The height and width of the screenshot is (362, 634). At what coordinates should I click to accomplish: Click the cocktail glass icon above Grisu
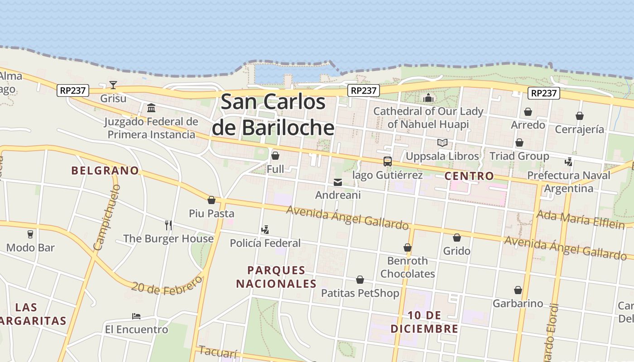[x=113, y=85]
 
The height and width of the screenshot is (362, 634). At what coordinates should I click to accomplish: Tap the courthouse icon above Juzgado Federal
[x=151, y=108]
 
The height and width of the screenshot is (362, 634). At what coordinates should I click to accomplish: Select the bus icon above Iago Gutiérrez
[x=387, y=161]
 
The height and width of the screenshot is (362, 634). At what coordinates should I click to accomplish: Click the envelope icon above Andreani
[x=338, y=182]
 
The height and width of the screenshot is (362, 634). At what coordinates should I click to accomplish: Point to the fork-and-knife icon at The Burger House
[x=168, y=225]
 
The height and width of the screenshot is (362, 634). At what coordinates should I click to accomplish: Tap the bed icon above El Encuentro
[x=136, y=316]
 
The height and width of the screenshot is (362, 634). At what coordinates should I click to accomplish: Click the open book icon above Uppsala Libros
[x=442, y=143]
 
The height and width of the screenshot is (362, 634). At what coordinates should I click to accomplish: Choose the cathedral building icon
[x=428, y=98]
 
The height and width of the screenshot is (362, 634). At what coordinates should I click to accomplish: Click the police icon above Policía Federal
[x=265, y=230]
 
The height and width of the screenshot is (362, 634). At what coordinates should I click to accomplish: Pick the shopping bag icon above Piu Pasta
[x=211, y=200]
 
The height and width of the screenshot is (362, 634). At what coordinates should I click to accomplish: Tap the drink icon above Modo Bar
[x=30, y=234]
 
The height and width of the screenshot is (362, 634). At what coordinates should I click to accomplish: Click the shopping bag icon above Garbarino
[x=518, y=290]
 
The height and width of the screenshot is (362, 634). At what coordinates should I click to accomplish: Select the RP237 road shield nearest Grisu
[x=72, y=90]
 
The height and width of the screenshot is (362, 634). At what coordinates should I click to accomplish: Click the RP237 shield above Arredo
[x=543, y=93]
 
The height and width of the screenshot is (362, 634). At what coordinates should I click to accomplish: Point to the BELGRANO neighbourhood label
[x=105, y=171]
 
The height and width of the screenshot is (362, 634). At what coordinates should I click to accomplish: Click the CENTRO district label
[x=469, y=176]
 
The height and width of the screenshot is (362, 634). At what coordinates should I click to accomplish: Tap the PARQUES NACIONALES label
[x=276, y=277]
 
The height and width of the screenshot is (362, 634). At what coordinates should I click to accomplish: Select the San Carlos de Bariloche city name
[x=274, y=114]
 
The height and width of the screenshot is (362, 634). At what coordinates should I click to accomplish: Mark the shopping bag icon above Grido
[x=457, y=238]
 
